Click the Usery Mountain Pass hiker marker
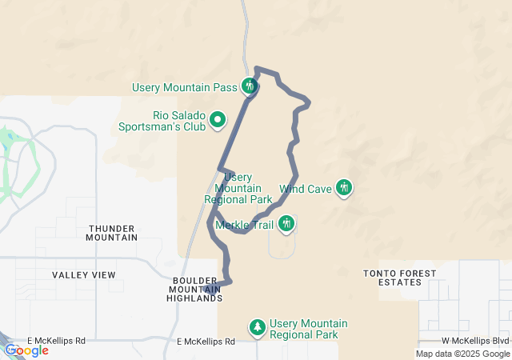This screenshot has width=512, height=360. pos(250,86)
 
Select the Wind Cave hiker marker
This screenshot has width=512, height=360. pos(344,188)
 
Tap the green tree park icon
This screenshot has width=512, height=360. pos(258,328)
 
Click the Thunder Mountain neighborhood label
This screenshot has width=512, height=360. pos(112,233)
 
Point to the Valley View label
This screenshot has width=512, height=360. pos(84,275)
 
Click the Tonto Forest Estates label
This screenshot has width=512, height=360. pos(400,278)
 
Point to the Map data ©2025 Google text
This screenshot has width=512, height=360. pos(462,354)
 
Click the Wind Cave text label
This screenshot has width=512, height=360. pos(306,189)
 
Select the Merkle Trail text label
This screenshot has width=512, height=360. pos(245,225)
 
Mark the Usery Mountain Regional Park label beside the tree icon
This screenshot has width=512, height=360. pos(309,328)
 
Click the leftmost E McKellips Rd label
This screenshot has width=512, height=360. pos(55,341)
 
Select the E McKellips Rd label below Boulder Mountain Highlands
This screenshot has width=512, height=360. pos(206,342)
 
